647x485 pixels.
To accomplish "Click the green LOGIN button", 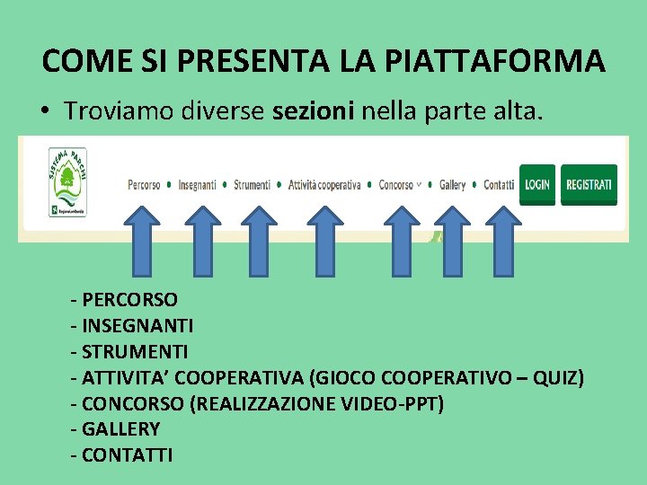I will pyautogui.click(x=537, y=185).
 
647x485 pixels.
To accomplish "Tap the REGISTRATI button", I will pyautogui.click(x=589, y=185).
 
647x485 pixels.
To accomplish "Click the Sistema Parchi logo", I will pyautogui.click(x=67, y=182).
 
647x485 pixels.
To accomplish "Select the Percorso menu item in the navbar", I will pyautogui.click(x=145, y=185).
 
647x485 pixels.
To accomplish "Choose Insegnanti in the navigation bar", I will pyautogui.click(x=197, y=185).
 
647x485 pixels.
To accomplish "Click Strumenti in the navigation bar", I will pyautogui.click(x=252, y=185).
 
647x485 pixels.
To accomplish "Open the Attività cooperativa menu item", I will pyautogui.click(x=324, y=185).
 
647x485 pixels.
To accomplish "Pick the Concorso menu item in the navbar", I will pyautogui.click(x=396, y=185).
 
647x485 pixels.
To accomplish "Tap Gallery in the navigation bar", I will pyautogui.click(x=452, y=185).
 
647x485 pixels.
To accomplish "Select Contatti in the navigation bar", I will pyautogui.click(x=499, y=185).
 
